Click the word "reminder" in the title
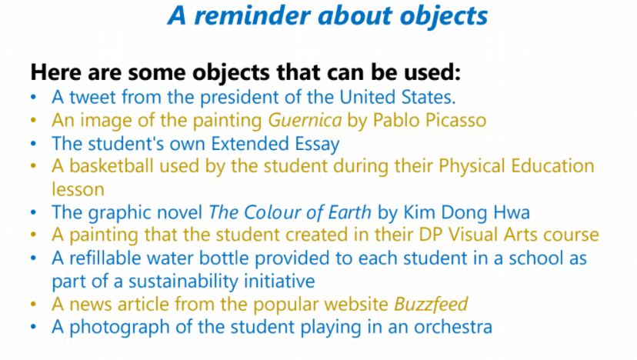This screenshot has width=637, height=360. click(x=252, y=16)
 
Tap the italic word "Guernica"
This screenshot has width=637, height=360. click(x=305, y=120)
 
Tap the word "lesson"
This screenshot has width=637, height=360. click(x=78, y=189)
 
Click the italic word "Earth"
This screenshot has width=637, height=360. click(x=349, y=212)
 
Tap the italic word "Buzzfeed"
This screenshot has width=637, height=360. click(x=431, y=305)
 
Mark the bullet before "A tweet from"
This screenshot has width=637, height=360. click(x=33, y=98)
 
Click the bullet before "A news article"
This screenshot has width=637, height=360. click(x=33, y=305)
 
